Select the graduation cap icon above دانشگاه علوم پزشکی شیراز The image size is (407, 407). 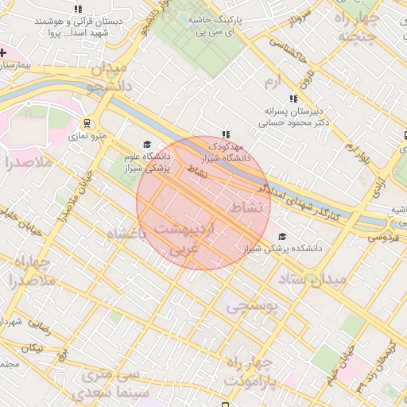[145, 144]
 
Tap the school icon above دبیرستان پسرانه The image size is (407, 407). [293, 99]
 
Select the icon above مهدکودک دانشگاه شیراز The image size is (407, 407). [226, 135]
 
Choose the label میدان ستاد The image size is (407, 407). [313, 279]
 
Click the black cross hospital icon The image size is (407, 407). [3, 52]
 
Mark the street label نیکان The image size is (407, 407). [32, 349]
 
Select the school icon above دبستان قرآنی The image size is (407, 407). [77, 8]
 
